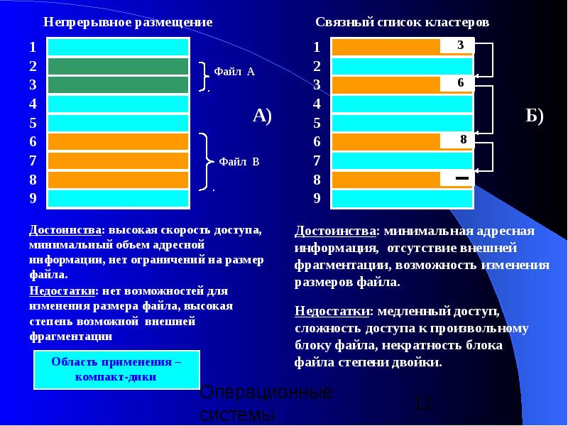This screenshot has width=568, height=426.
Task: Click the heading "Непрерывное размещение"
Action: [128, 22]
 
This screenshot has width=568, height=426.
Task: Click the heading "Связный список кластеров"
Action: [402, 22]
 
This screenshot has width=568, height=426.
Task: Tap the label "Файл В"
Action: [239, 162]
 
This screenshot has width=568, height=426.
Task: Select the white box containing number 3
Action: [460, 45]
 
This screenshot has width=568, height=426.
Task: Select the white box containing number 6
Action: [460, 83]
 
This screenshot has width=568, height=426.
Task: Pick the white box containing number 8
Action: [462, 140]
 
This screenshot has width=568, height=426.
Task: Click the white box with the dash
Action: [462, 177]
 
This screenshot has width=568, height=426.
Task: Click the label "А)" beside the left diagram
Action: [263, 116]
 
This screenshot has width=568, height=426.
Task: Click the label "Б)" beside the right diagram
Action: [535, 116]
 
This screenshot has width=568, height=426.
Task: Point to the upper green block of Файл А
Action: [118, 66]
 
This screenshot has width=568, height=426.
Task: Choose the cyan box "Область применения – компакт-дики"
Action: [116, 368]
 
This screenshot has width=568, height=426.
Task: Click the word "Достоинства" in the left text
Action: [64, 231]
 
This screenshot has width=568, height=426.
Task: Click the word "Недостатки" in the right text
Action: [333, 311]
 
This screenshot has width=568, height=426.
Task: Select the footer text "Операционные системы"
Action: [266, 403]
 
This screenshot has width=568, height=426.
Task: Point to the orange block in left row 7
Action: [118, 160]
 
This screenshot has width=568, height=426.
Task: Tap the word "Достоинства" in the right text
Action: [335, 231]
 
